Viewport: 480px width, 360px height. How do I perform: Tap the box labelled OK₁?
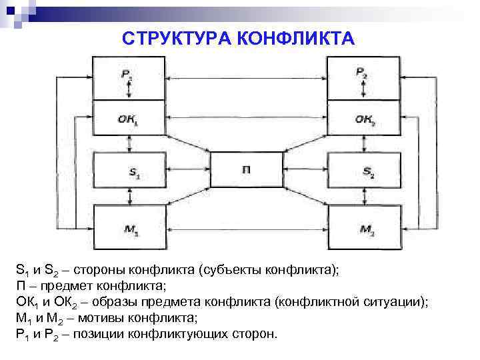pos(127,121)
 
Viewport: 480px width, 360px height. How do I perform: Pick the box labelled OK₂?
pos(364,121)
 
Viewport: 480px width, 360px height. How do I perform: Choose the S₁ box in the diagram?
pos(127,171)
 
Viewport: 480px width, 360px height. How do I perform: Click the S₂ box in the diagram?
pos(364,171)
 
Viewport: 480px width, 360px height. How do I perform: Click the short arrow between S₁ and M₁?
pos(127,198)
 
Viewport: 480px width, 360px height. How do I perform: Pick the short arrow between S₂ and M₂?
pos(364,198)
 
